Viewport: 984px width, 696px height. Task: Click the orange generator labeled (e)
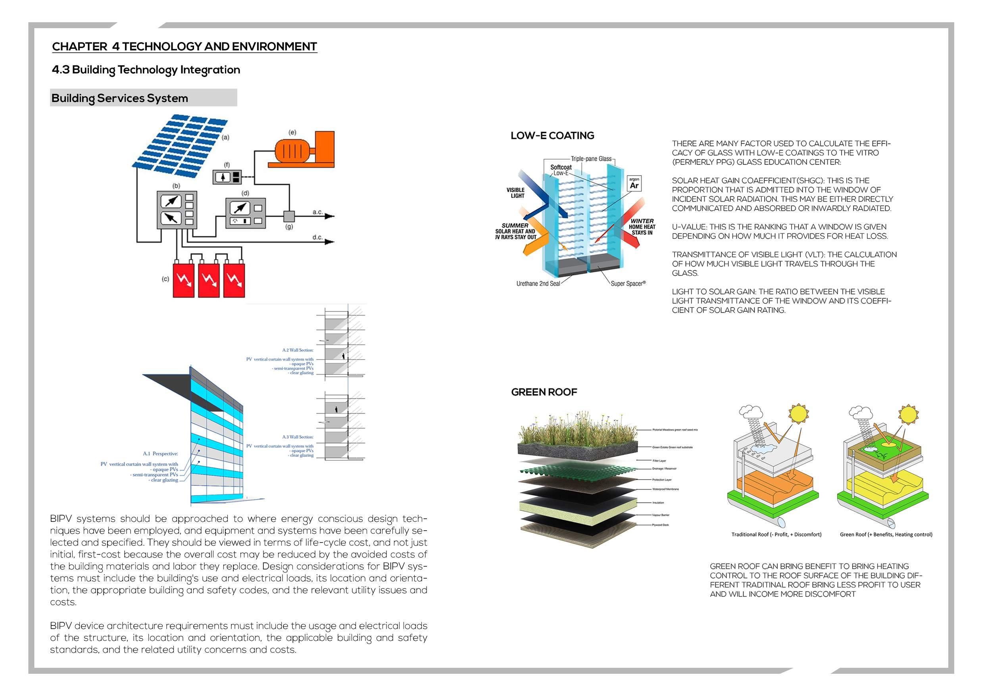[x=304, y=150]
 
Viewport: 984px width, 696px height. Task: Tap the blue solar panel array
[x=179, y=145]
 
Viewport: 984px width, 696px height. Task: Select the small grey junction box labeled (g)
[x=289, y=215]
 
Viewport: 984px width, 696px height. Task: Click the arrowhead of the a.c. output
[x=330, y=216]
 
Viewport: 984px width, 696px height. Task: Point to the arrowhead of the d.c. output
[x=330, y=242]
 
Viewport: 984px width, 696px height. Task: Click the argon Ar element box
[x=634, y=183]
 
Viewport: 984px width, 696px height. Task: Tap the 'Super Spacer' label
[x=628, y=284]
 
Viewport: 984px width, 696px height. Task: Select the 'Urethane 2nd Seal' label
[x=538, y=284]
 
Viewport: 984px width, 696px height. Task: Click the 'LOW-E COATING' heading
[x=552, y=136]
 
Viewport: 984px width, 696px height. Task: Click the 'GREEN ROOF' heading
[x=544, y=392]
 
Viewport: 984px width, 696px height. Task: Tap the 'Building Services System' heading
[x=119, y=98]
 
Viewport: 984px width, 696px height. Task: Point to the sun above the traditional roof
[x=798, y=413]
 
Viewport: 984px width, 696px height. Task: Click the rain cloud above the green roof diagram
[x=861, y=413]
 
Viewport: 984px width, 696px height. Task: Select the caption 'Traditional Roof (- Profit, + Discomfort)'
[x=776, y=534]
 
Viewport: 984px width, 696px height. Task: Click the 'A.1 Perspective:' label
[x=160, y=454]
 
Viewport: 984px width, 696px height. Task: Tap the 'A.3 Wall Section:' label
[x=298, y=437]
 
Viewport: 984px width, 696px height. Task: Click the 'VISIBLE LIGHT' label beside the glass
[x=515, y=193]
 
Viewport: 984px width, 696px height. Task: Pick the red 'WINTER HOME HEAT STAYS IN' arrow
[x=630, y=223]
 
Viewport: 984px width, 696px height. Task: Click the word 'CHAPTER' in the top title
[x=80, y=46]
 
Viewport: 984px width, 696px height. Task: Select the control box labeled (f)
[x=227, y=177]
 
